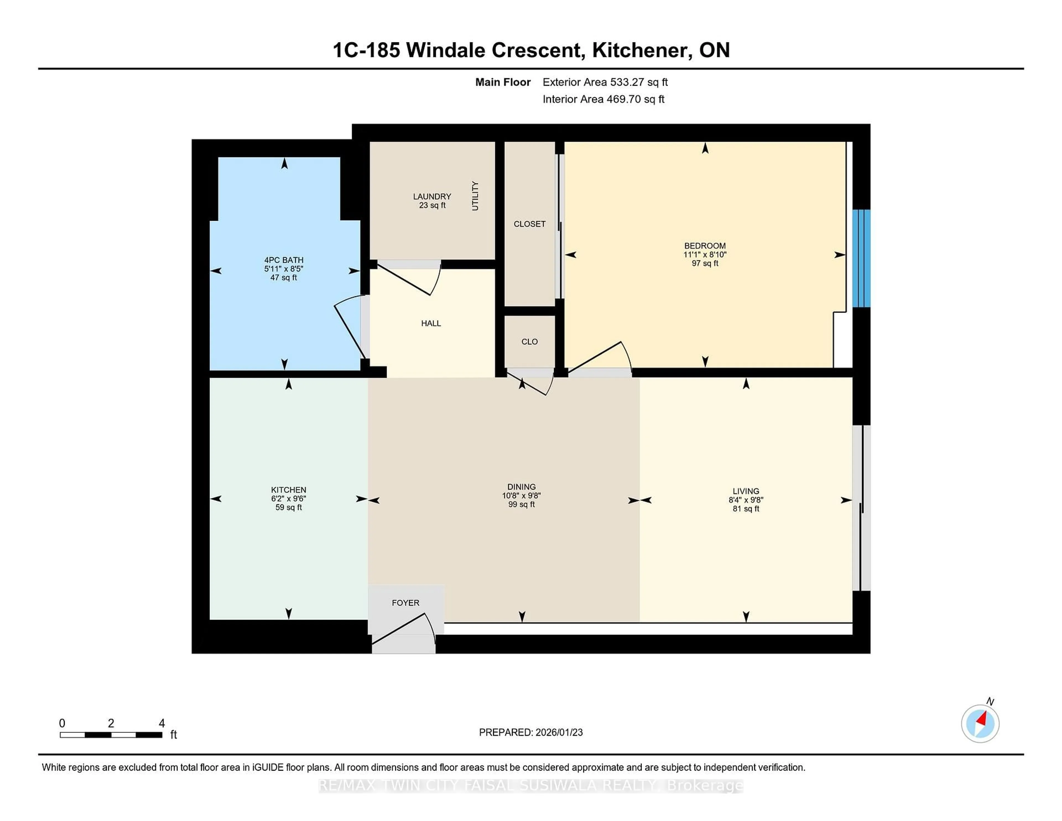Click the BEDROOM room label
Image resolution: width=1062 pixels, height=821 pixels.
tap(705, 246)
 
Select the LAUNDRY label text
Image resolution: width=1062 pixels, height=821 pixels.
tap(432, 196)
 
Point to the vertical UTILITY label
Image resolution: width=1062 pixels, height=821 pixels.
tap(475, 196)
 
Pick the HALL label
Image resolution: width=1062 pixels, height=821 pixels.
tap(431, 323)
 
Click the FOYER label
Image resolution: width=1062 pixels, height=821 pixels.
tap(405, 603)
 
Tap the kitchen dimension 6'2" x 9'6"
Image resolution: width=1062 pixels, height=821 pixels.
tap(288, 498)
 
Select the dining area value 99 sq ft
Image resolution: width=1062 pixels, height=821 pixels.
tap(521, 504)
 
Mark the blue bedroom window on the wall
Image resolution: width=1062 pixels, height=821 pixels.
tap(861, 258)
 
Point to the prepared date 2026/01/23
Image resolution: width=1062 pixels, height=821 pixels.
tap(558, 732)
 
